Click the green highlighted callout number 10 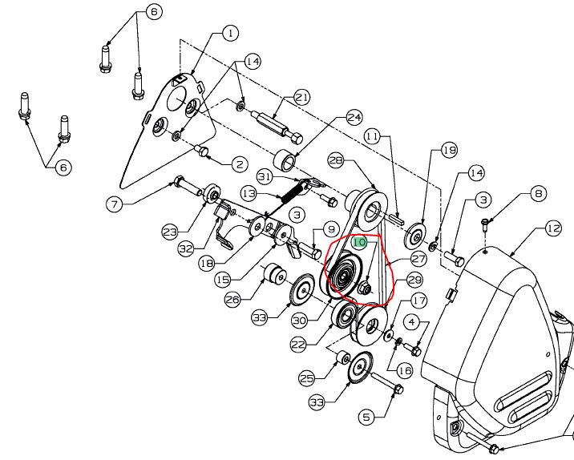[x=359, y=242]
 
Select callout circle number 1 [x=230, y=34]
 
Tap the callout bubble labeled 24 [x=354, y=118]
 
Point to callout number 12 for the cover [x=553, y=228]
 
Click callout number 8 [x=538, y=194]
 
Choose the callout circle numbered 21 [x=301, y=98]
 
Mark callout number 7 [x=115, y=204]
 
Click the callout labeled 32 [x=186, y=249]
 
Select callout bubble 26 [x=232, y=300]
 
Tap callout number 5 [x=367, y=417]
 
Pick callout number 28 [x=336, y=160]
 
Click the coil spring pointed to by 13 [x=293, y=192]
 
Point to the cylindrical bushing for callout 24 [x=286, y=161]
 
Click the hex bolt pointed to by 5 [x=387, y=384]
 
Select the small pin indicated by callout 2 [x=202, y=151]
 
